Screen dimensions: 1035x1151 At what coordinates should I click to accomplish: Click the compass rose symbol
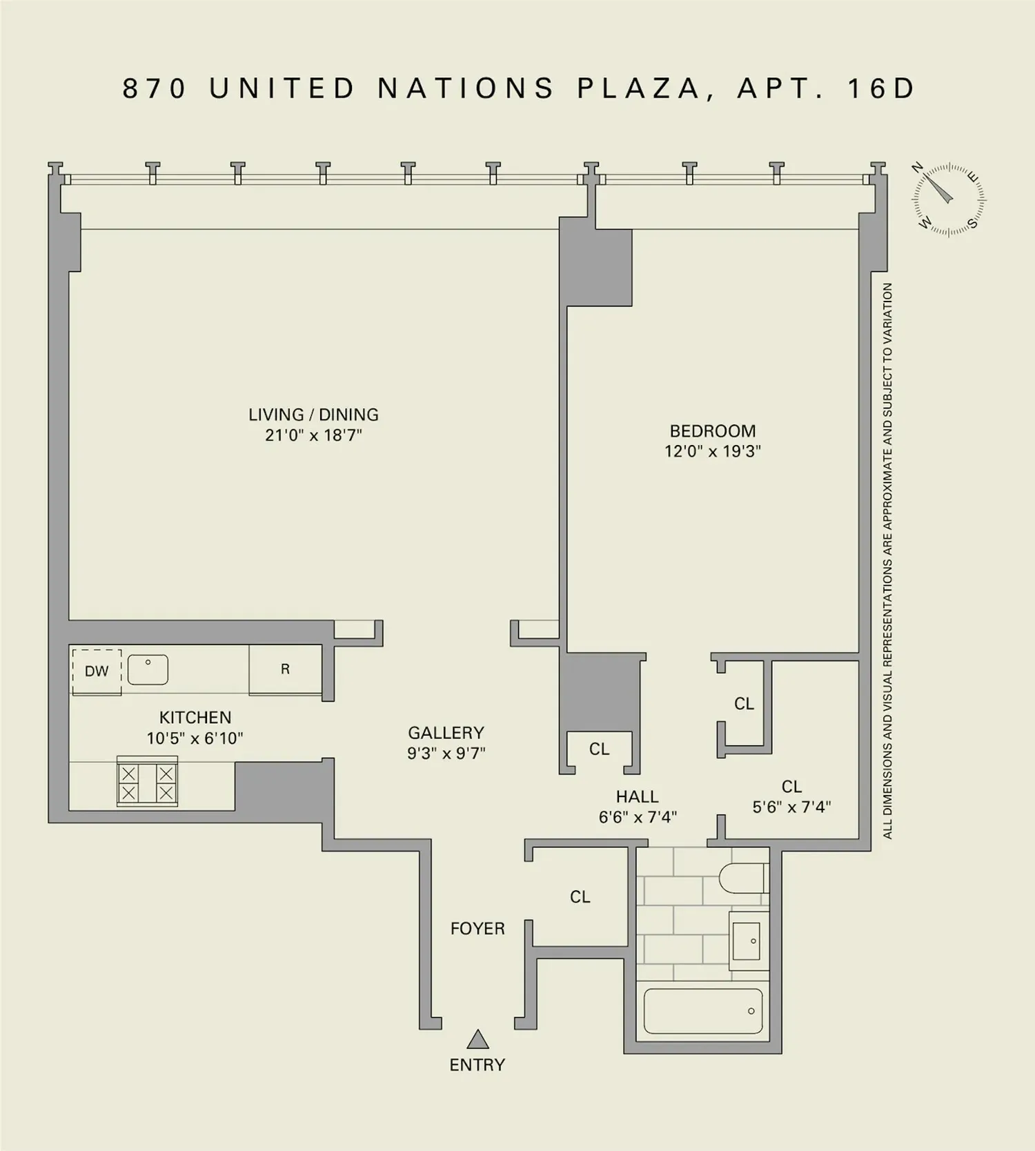click(x=949, y=200)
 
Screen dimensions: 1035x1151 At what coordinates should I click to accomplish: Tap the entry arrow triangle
click(x=477, y=1040)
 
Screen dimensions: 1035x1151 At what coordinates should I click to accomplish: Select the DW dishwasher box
click(x=97, y=671)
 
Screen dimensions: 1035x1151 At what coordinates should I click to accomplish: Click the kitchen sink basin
click(x=148, y=670)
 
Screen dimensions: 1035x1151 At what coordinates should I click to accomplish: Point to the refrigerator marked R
click(x=285, y=669)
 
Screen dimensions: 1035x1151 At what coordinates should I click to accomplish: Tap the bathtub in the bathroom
click(x=703, y=1011)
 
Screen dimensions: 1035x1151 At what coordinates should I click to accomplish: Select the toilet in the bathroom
click(x=743, y=878)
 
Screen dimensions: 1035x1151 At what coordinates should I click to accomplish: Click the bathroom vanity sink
click(x=749, y=941)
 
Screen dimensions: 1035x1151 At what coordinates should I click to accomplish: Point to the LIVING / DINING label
click(x=313, y=415)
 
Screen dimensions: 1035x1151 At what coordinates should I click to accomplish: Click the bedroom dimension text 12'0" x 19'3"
click(x=713, y=451)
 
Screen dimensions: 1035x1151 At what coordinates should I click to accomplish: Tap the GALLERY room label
click(x=446, y=733)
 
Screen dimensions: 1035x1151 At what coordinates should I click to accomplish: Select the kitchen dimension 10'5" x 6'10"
click(x=195, y=738)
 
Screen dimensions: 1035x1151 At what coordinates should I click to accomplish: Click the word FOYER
click(x=477, y=929)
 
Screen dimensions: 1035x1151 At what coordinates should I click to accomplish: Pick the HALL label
click(x=638, y=797)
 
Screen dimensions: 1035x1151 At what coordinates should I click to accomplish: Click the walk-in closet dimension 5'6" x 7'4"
click(x=791, y=807)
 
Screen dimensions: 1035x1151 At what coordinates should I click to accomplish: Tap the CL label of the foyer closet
click(x=580, y=897)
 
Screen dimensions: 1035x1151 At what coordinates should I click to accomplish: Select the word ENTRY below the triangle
click(x=477, y=1065)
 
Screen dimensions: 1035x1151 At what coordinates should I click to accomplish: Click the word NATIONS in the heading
click(x=466, y=88)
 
